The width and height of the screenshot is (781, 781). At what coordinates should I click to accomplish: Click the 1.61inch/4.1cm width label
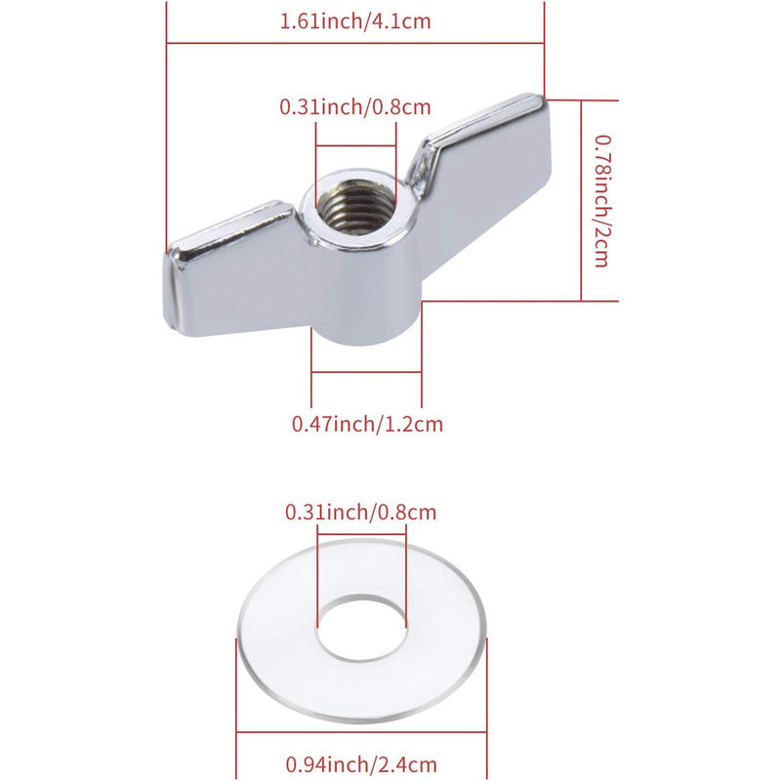click(x=354, y=21)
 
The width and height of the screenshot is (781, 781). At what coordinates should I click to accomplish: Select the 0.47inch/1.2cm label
click(x=367, y=424)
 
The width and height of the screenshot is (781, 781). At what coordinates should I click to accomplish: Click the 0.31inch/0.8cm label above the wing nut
click(x=354, y=106)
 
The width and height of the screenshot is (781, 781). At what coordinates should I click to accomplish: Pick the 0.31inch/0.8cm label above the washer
click(x=360, y=511)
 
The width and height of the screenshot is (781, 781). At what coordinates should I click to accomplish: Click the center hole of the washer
click(x=361, y=625)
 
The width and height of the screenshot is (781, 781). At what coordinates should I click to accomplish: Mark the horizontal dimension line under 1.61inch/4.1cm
click(x=354, y=43)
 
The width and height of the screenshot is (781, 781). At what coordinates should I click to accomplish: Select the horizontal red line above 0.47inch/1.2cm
click(x=366, y=373)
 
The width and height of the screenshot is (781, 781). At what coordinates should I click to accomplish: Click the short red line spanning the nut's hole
click(x=355, y=147)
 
